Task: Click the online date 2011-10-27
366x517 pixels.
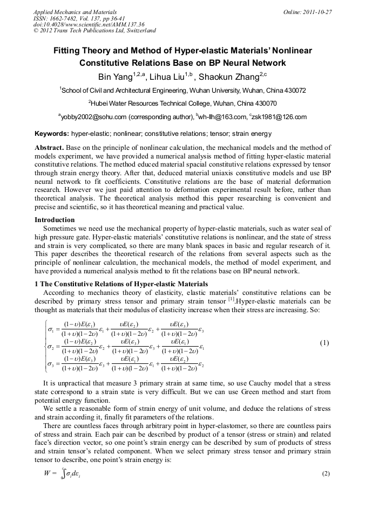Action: point(317,11)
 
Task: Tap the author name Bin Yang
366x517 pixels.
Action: point(113,77)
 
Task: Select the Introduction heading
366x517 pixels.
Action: point(55,220)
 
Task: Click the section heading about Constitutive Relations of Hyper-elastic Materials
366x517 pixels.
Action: point(121,284)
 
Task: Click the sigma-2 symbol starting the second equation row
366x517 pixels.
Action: point(52,347)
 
